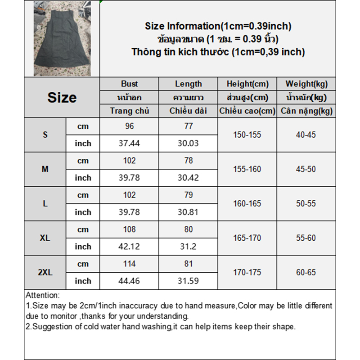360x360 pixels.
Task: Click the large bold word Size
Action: [62, 98]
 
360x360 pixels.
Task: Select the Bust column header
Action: [129, 84]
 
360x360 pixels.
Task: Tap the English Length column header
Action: [188, 84]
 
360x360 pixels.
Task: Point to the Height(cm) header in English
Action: [247, 84]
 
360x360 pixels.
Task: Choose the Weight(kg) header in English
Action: [306, 84]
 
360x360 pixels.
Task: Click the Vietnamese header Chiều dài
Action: [188, 111]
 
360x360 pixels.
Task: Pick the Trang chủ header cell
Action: [129, 111]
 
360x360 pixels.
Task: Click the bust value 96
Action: [129, 126]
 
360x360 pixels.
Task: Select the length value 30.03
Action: [188, 143]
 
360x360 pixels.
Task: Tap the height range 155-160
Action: [247, 169]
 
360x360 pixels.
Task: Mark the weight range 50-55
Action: [306, 203]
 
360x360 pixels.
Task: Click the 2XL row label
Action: [45, 272]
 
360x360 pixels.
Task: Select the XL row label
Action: [45, 238]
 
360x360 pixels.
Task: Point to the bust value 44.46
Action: [129, 281]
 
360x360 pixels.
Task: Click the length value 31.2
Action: [188, 247]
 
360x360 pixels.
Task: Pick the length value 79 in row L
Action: [188, 195]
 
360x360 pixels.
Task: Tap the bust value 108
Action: [129, 229]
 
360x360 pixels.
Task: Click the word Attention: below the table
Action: [42, 296]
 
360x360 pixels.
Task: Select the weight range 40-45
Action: [306, 135]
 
